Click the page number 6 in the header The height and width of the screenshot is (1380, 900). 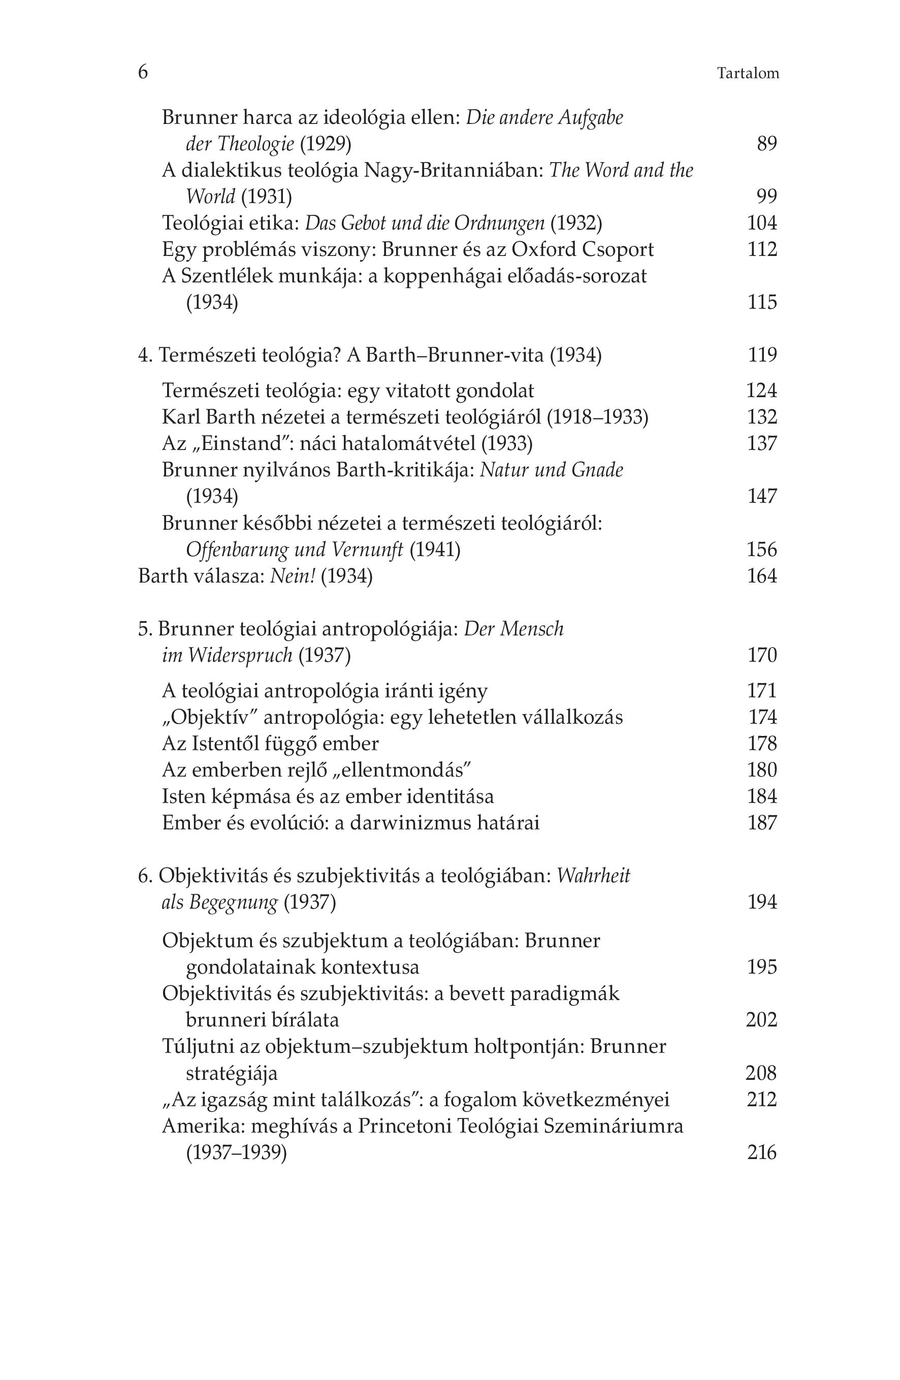tap(143, 72)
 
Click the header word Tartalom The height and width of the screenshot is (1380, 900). tap(748, 74)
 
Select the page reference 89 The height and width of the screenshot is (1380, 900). tap(766, 143)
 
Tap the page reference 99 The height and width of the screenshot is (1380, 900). tap(766, 197)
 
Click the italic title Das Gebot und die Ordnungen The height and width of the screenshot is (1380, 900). tap(425, 223)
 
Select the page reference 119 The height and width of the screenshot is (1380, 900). tap(762, 355)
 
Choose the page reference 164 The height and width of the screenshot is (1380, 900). tap(762, 576)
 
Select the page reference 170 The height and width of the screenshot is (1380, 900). tap(762, 655)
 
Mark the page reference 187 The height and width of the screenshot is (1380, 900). tap(762, 822)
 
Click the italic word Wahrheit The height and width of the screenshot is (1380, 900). tap(593, 875)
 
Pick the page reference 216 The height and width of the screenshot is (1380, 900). tap(762, 1152)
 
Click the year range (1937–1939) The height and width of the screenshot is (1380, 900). tap(237, 1152)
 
